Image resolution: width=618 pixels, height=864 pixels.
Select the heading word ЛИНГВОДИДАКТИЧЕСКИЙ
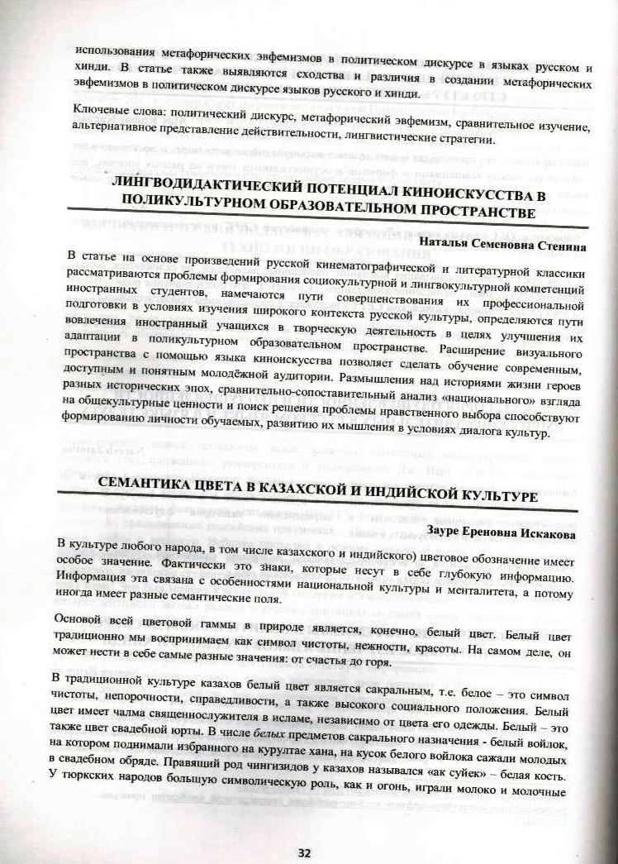(219, 195)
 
